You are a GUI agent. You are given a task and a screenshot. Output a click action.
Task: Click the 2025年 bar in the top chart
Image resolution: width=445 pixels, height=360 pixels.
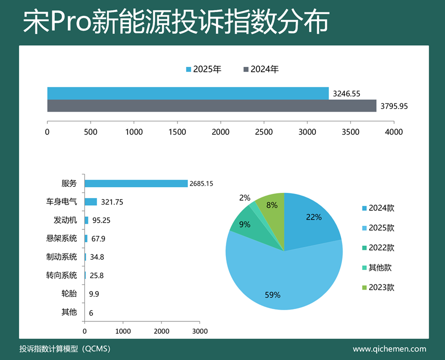(188, 93)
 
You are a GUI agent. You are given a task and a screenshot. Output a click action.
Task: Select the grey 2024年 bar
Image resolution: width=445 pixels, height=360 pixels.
(211, 106)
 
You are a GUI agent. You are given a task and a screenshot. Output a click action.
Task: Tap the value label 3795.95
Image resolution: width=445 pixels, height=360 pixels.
(394, 106)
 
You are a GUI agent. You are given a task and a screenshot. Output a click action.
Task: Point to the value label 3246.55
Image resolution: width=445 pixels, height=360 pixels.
(346, 94)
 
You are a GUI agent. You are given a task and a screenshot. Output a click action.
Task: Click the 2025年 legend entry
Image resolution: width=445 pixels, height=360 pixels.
(204, 69)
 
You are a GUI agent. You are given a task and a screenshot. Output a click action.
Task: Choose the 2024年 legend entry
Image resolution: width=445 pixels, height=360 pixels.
(261, 69)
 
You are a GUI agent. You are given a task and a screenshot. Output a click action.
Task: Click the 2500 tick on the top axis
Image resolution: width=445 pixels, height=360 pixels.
(264, 132)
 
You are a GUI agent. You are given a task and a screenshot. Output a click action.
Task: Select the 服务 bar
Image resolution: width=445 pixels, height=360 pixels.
(136, 184)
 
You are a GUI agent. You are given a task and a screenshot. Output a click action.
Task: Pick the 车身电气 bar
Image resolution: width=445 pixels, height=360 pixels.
(91, 202)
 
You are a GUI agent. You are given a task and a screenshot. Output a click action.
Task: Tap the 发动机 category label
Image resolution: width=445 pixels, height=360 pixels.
(65, 220)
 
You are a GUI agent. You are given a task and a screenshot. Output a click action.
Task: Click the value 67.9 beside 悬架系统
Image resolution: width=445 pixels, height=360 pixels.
(97, 239)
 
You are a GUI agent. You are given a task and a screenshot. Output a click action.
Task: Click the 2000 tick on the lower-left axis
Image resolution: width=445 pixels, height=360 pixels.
(162, 331)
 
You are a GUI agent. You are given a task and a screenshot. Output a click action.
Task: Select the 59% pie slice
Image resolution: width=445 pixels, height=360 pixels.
(278, 278)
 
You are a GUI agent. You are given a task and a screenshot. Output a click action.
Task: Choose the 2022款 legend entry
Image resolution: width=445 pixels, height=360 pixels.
(378, 248)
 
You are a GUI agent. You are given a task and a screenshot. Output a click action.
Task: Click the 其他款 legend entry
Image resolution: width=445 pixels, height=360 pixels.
(378, 267)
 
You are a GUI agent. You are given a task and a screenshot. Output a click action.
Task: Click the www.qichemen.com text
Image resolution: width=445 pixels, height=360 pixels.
(389, 349)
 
